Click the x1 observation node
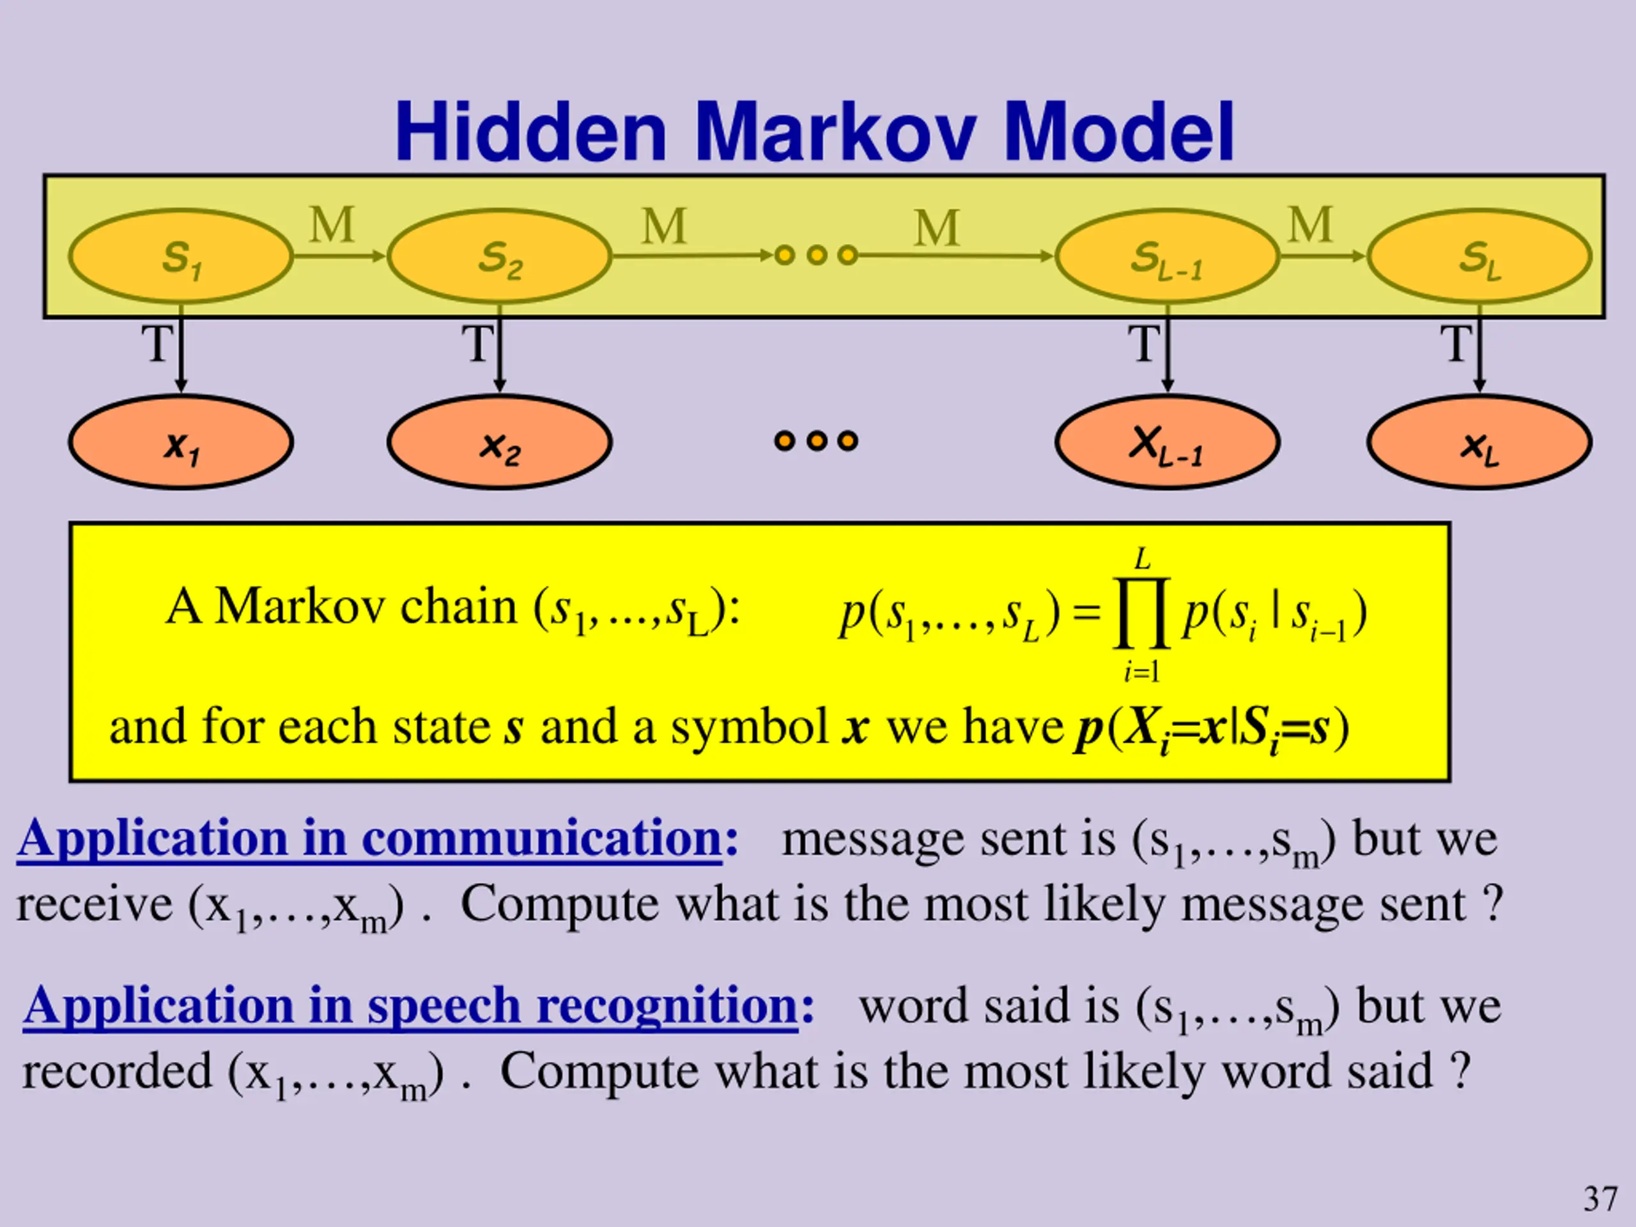click(180, 442)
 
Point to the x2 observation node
click(499, 442)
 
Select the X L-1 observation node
click(1167, 442)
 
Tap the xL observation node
click(1479, 442)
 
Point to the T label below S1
click(157, 343)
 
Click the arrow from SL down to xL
click(1479, 355)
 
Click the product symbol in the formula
click(1141, 612)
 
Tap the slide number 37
click(1600, 1199)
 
